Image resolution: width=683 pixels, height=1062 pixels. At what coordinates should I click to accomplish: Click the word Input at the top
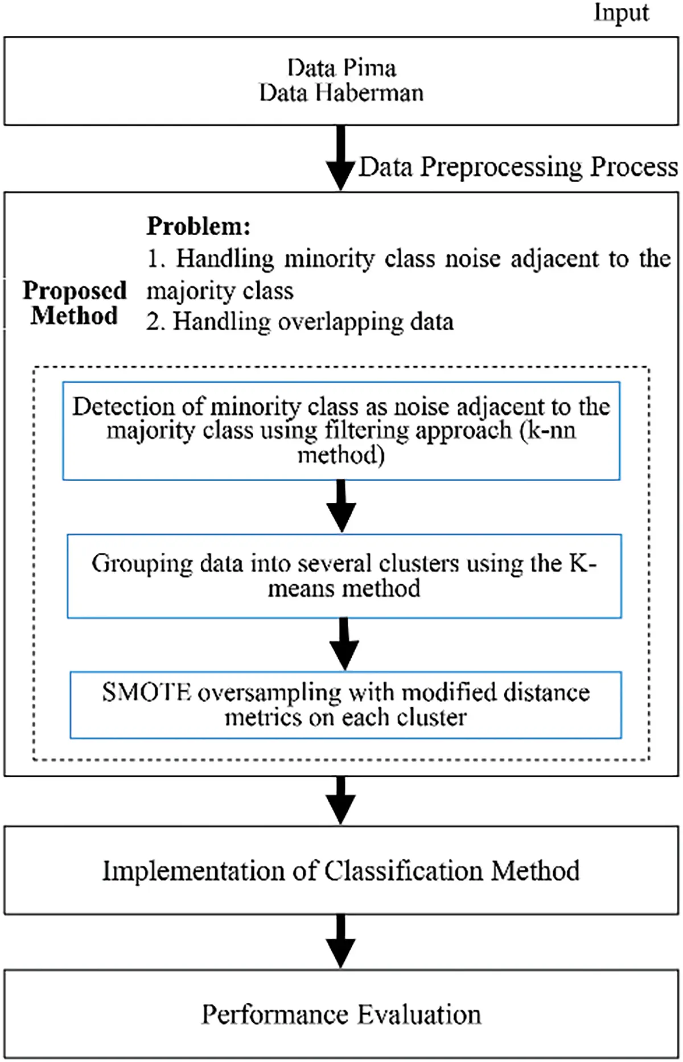(x=621, y=13)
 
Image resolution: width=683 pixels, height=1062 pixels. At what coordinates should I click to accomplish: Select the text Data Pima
(x=341, y=68)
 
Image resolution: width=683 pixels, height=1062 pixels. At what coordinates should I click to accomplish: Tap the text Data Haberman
(x=341, y=93)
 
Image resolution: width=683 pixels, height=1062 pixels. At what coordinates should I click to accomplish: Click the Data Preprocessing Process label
(x=518, y=167)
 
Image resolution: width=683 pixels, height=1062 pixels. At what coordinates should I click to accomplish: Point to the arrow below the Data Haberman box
(x=340, y=158)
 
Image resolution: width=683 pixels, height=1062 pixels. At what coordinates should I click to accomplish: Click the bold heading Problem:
(x=198, y=227)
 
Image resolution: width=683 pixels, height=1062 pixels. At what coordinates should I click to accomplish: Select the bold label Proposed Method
(x=74, y=303)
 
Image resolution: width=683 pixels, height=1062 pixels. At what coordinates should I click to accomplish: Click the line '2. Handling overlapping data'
(x=299, y=322)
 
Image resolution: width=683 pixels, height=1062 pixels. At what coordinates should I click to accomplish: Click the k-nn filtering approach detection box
(x=341, y=430)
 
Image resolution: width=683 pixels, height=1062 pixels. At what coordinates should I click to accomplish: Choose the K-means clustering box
(x=344, y=576)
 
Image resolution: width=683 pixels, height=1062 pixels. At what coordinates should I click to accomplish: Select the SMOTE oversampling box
(x=345, y=704)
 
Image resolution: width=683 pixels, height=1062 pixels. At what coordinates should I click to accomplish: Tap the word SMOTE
(x=146, y=692)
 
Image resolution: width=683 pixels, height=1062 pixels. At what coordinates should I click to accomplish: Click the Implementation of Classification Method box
(x=341, y=871)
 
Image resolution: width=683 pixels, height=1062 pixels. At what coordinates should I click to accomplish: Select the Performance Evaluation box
(x=341, y=1014)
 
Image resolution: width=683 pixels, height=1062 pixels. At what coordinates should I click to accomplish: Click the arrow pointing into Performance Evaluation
(x=340, y=941)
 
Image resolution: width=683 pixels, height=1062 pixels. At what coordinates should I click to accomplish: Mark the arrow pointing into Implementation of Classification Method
(x=340, y=800)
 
